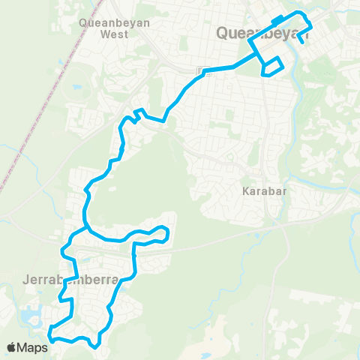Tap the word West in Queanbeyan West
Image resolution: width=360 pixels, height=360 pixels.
[115, 34]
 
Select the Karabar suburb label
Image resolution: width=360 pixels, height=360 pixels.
[261, 190]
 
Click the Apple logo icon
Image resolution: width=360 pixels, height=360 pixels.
[11, 347]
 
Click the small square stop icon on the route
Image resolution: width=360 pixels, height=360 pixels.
[200, 70]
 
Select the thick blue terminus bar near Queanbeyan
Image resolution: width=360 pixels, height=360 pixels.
[278, 19]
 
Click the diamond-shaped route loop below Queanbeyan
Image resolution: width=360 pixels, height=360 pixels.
[273, 67]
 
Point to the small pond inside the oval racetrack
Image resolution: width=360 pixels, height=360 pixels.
[76, 83]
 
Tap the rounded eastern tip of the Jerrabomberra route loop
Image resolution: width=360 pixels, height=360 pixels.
[167, 235]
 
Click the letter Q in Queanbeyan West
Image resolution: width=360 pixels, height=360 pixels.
[83, 22]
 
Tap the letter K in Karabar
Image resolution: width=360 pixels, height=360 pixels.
[245, 190]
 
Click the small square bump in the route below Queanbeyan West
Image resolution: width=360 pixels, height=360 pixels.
[137, 114]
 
